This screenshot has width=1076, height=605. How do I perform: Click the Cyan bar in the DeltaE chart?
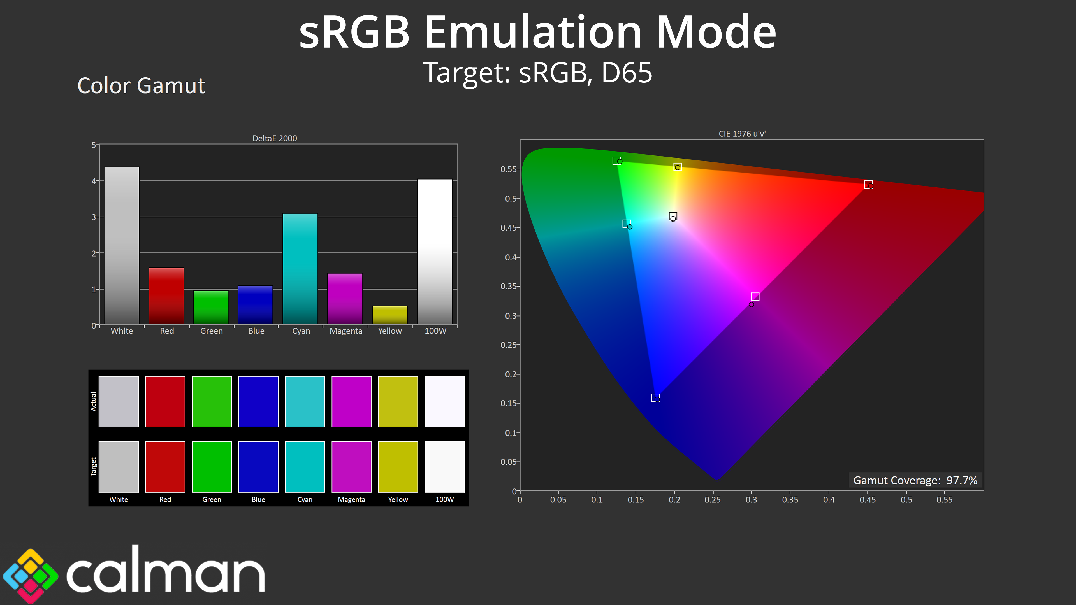tap(300, 269)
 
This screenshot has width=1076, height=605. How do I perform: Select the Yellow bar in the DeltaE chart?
tap(390, 315)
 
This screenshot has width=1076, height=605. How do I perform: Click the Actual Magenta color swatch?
tap(351, 401)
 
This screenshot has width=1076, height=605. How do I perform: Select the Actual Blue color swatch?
tap(258, 401)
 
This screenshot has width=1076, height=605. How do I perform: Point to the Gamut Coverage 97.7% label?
tap(915, 480)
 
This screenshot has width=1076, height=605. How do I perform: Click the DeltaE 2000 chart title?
tap(274, 138)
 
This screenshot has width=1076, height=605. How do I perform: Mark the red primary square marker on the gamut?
tap(868, 184)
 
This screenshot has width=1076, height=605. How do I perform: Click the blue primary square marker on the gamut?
tap(655, 397)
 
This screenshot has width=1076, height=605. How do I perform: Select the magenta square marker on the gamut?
tap(755, 296)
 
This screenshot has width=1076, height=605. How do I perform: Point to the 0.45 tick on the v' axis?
tap(509, 227)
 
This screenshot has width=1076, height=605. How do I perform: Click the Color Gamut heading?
tap(141, 86)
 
